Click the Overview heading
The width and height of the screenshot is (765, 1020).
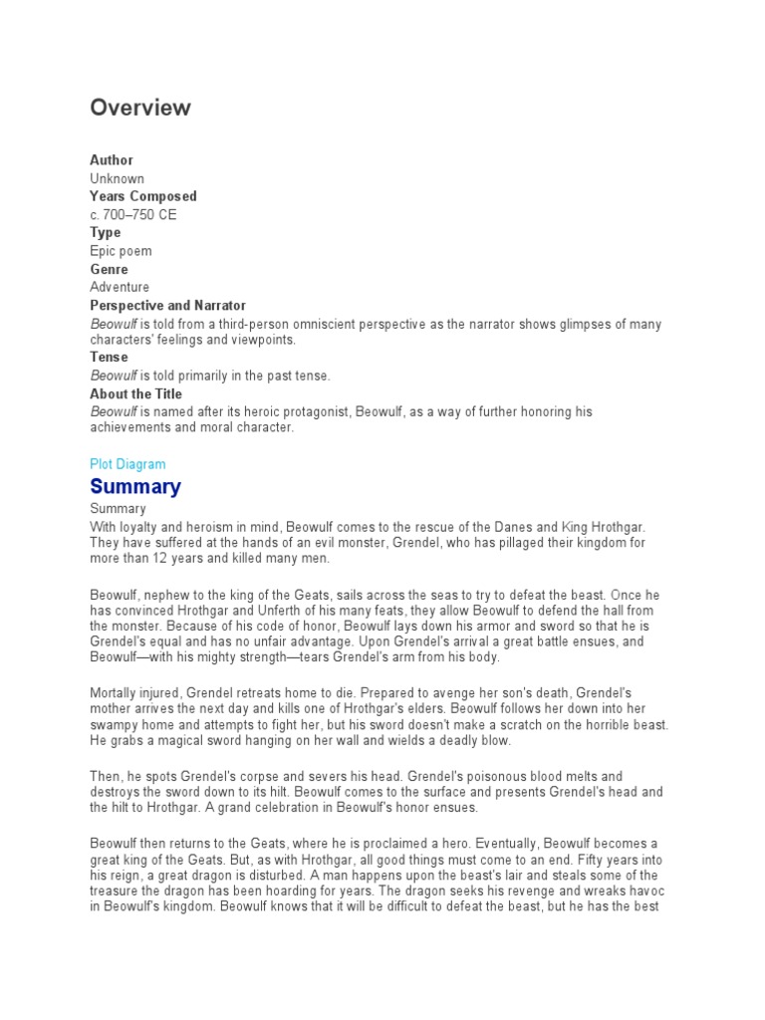(x=140, y=109)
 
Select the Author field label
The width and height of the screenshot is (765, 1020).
(x=112, y=160)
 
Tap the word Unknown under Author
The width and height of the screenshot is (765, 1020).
(x=117, y=178)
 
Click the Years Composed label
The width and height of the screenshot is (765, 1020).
(x=143, y=196)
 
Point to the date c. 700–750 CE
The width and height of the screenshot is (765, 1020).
(x=133, y=214)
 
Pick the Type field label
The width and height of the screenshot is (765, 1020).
(x=106, y=233)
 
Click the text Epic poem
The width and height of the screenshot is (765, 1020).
(x=121, y=251)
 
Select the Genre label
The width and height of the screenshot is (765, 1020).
(x=109, y=269)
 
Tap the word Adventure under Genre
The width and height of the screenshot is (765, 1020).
(x=120, y=287)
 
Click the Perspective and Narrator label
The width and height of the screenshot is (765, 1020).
(x=167, y=306)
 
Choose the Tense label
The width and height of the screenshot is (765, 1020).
(x=109, y=357)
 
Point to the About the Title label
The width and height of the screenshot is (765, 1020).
(x=135, y=393)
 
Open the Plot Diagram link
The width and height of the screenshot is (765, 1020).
(x=127, y=464)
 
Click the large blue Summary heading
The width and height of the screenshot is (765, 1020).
(x=135, y=487)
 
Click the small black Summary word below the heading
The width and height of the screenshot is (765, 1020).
(x=117, y=508)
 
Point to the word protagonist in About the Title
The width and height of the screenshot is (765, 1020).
(x=314, y=411)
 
